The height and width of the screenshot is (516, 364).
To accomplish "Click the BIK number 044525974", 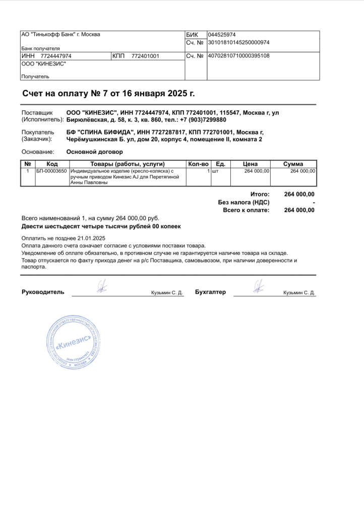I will tap(222, 35).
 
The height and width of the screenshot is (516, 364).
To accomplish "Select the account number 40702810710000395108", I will tap(238, 56).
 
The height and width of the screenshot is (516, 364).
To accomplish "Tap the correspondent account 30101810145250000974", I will tap(238, 43).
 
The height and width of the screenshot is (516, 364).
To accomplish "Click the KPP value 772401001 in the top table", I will tap(145, 56).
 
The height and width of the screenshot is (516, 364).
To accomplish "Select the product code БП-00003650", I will tap(51, 171).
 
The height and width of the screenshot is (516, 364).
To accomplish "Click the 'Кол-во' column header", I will tap(198, 164).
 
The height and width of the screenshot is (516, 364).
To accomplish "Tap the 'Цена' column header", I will tap(250, 164).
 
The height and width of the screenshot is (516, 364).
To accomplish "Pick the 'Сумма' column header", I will tap(293, 164).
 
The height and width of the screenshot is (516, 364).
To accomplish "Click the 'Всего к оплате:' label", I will tap(246, 210).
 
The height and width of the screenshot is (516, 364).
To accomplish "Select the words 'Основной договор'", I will tap(95, 152).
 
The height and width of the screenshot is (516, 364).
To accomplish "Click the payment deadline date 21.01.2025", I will tap(91, 238).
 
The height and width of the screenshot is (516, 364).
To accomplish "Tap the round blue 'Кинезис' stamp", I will tap(71, 342).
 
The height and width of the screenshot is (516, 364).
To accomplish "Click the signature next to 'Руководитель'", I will tap(102, 287).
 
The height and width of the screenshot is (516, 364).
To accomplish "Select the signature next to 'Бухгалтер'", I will tap(258, 287).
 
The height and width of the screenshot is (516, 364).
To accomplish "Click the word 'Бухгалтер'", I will tap(210, 292).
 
